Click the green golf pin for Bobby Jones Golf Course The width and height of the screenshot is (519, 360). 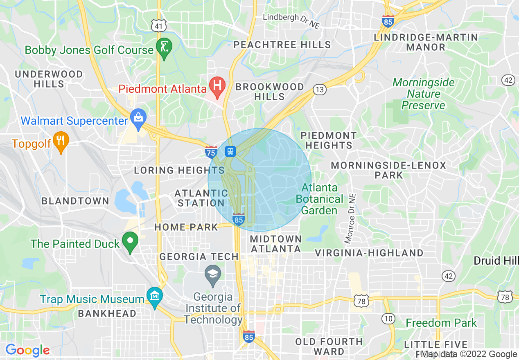click(164, 49)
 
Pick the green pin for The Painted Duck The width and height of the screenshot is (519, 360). click(131, 242)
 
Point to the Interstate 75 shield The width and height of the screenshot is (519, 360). click(211, 152)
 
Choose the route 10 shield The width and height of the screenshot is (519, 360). click(388, 318)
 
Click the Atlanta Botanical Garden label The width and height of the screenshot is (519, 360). click(320, 199)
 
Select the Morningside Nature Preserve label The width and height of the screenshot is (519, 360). click(423, 94)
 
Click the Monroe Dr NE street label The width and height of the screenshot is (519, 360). click(350, 219)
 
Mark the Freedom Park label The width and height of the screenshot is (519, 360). click(441, 323)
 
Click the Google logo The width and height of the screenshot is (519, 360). click(27, 350)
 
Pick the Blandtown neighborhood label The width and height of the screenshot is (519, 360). click(75, 201)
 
